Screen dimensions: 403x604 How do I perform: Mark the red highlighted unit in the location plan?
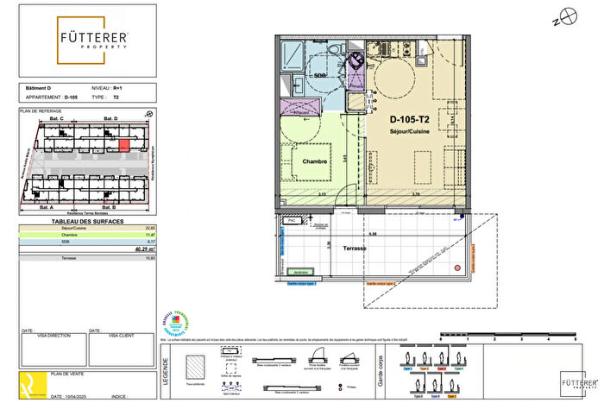[x=124, y=145]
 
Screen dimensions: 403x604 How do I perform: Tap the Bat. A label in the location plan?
[x=47, y=208]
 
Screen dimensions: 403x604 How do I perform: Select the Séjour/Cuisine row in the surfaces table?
[x=87, y=229]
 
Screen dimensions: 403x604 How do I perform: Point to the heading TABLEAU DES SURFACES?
[x=87, y=222]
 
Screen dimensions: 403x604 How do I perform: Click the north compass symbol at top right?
[x=568, y=15]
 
